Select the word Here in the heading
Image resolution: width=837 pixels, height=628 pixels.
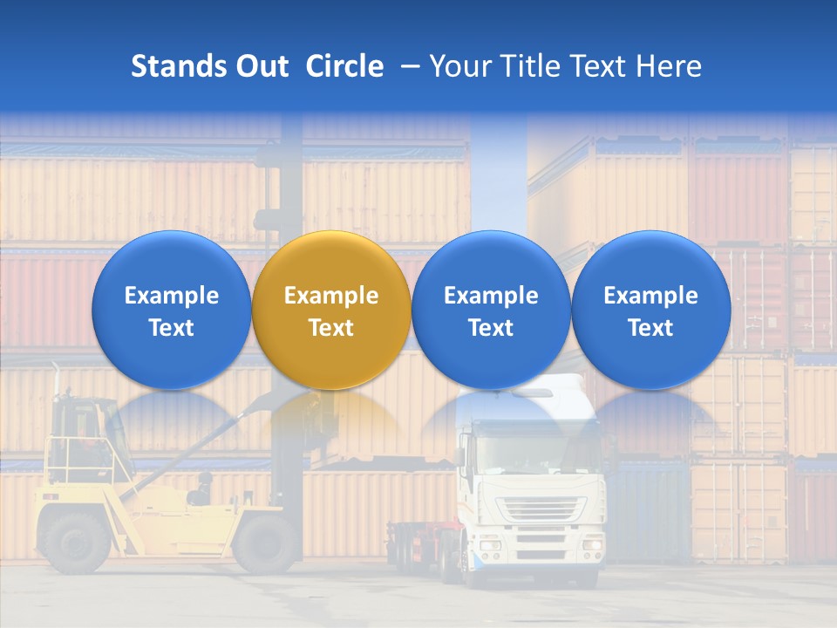pyautogui.click(x=669, y=66)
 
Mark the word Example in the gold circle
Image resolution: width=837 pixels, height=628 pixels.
pyautogui.click(x=331, y=296)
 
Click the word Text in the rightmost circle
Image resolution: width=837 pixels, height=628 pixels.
pyautogui.click(x=650, y=328)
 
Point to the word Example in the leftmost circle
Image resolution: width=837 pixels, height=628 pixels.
pyautogui.click(x=172, y=296)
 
